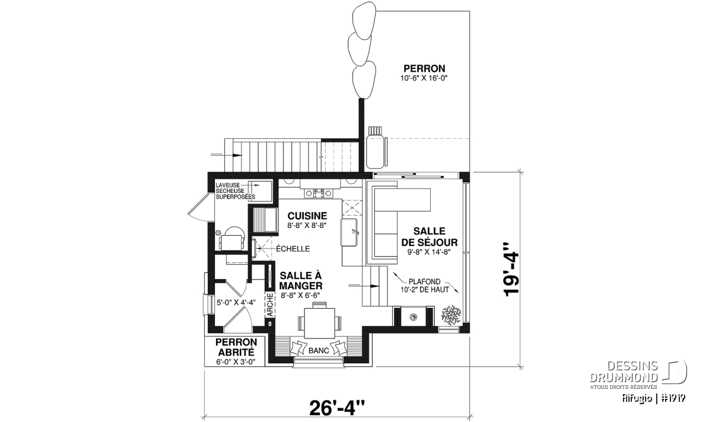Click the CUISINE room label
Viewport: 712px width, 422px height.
[x=307, y=216]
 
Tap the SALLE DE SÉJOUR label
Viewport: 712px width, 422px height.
[x=429, y=237]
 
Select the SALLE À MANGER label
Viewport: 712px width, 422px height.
[x=300, y=280]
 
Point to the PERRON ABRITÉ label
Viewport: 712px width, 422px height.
[x=236, y=347]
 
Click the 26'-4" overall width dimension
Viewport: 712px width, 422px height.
[x=337, y=407]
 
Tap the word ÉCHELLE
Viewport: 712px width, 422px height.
[x=293, y=249]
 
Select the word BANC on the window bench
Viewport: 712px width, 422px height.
[x=319, y=350]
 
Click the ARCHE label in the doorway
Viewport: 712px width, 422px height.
[x=270, y=304]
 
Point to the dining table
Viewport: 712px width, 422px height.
[x=319, y=323]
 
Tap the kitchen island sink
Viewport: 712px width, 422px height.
[x=349, y=232]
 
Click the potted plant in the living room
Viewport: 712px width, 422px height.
[x=451, y=315]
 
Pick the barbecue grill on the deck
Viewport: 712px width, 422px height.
[x=377, y=148]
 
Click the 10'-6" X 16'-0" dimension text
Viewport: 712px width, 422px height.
[x=424, y=78]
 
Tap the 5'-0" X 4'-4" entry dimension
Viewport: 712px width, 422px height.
[x=236, y=303]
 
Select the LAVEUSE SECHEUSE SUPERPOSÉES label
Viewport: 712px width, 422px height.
[x=236, y=191]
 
